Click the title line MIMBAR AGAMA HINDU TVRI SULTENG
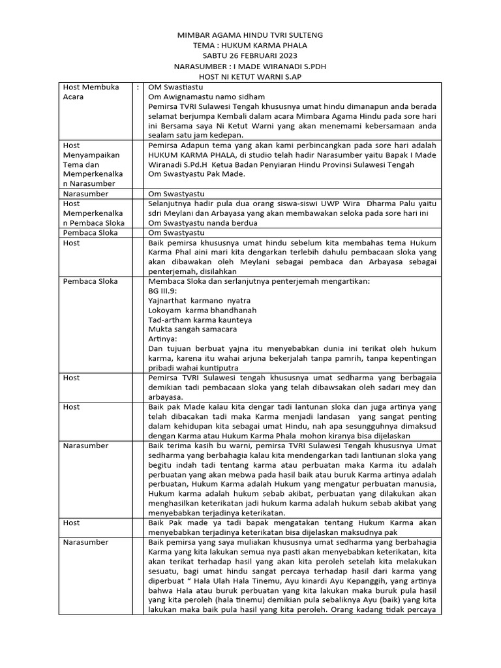pos(250,35)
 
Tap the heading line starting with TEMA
pos(250,45)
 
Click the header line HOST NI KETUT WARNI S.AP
pos(250,76)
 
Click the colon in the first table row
pos(138,87)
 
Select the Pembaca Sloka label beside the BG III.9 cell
pos(91,281)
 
